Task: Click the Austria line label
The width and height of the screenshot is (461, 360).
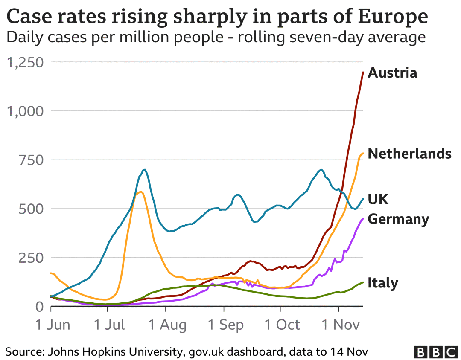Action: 392,73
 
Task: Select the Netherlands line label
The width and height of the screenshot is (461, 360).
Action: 409,154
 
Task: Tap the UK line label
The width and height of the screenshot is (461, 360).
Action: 378,199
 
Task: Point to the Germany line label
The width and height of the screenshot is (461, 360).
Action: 398,219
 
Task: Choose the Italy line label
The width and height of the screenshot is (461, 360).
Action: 382,283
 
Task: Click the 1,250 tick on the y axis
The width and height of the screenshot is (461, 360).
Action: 26,63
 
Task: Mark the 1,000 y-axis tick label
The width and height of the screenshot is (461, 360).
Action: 26,111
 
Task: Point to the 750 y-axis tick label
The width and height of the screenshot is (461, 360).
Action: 32,160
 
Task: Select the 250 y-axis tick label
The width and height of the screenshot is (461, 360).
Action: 32,258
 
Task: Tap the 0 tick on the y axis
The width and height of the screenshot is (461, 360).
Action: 39,307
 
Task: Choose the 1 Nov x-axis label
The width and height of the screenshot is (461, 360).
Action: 339,325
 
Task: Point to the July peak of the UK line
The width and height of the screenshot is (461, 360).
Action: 145,170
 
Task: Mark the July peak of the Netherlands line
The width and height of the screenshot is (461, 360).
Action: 140,192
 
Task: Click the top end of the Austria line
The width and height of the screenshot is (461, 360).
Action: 363,73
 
